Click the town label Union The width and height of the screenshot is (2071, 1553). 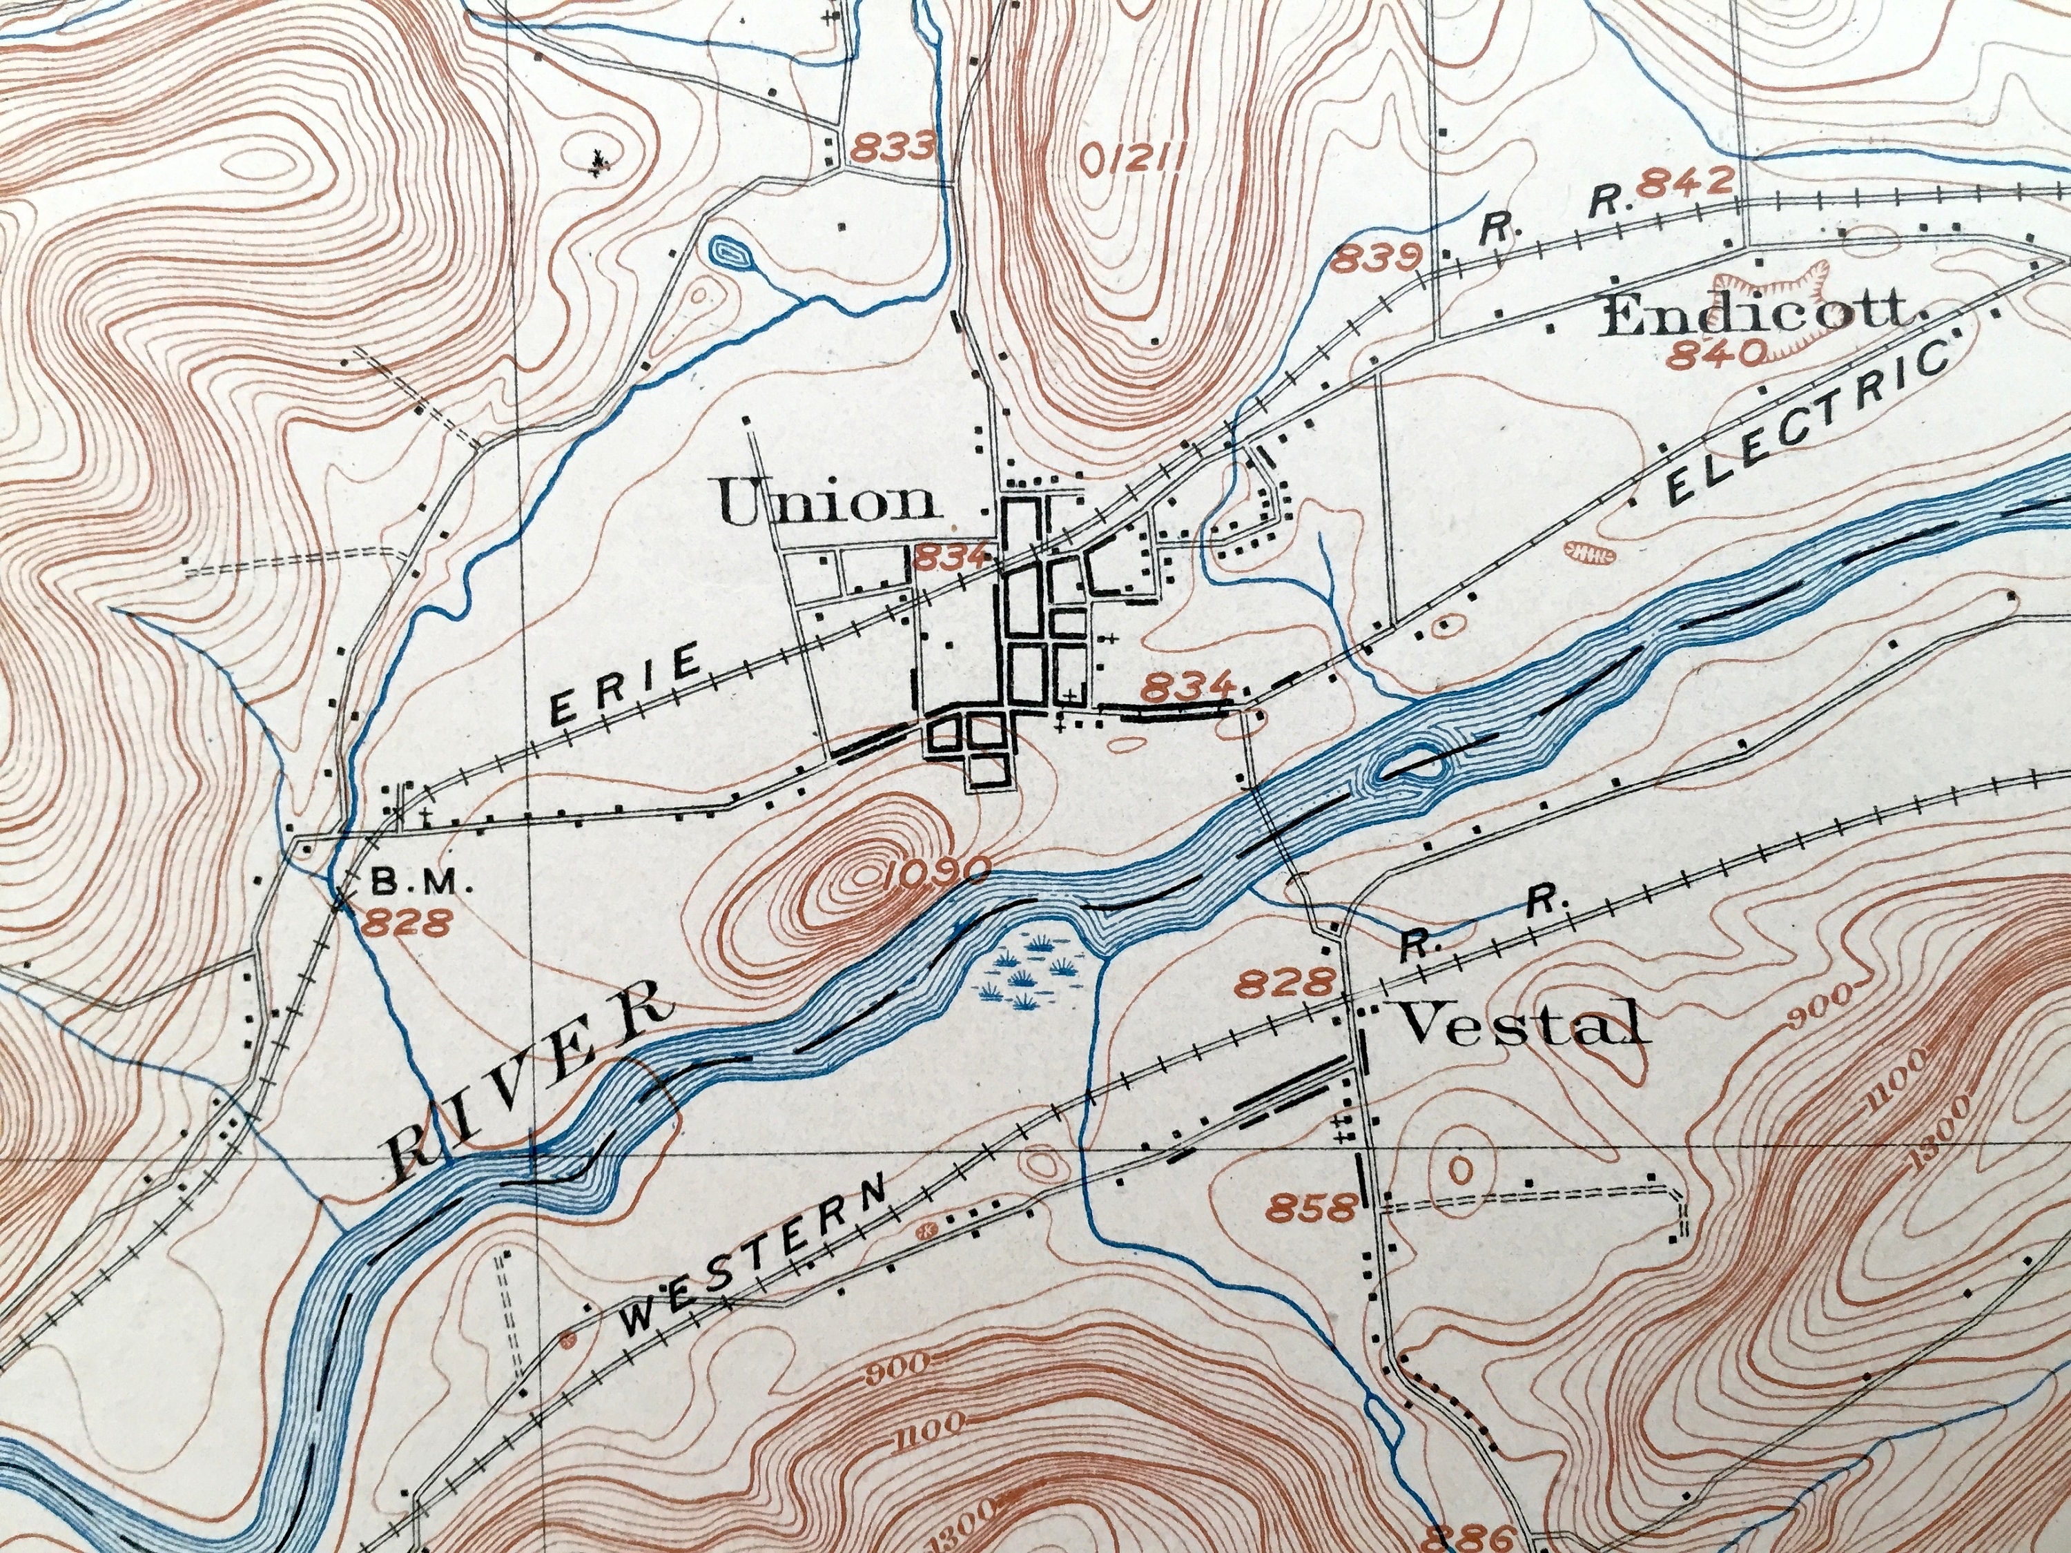[x=828, y=502]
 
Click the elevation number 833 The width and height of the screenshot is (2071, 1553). [x=893, y=146]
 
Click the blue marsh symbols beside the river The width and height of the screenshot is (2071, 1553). [x=1033, y=973]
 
